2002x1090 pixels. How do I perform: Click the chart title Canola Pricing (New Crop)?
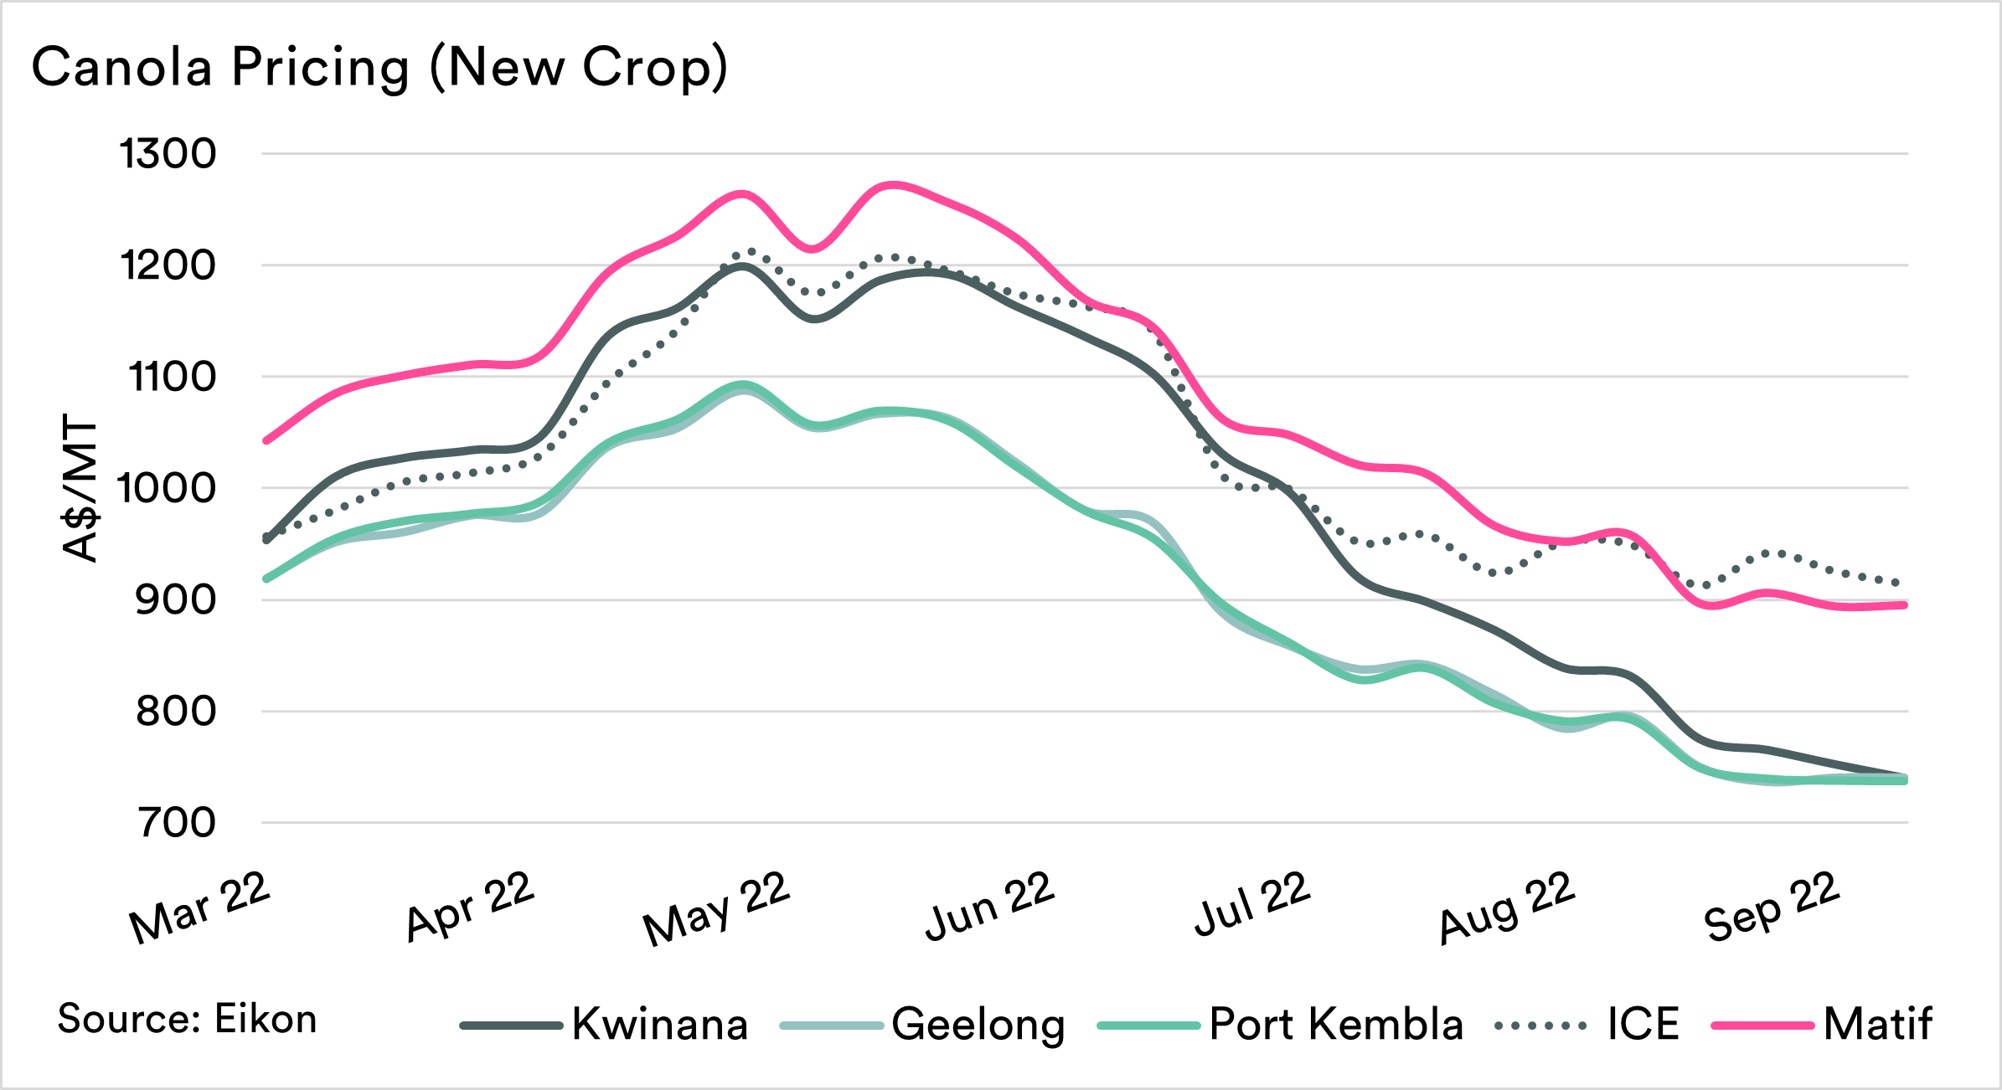(x=379, y=67)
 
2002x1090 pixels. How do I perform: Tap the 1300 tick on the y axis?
(x=168, y=154)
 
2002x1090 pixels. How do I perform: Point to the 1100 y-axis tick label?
(x=172, y=377)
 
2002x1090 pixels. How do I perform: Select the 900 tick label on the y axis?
(x=175, y=599)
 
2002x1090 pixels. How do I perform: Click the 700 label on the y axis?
(x=177, y=823)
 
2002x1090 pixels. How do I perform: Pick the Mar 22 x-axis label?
(x=200, y=907)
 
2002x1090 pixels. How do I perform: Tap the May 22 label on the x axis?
(x=717, y=907)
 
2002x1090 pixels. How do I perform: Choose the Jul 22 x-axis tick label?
(x=1252, y=904)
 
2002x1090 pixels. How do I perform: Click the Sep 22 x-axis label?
(x=1772, y=906)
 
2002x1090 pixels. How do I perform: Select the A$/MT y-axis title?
(x=80, y=490)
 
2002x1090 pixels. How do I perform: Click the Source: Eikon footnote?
(x=187, y=1019)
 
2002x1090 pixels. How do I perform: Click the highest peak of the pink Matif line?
(x=894, y=184)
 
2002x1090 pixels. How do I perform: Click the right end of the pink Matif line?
(x=1905, y=604)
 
